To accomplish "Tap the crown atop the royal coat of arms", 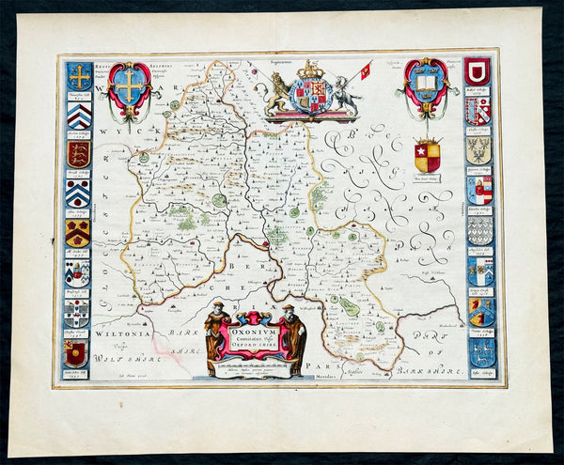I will click(x=309, y=70).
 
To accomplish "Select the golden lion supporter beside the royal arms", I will click(x=280, y=95).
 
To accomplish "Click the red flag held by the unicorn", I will click(x=365, y=69).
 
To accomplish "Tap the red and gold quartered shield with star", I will click(x=427, y=156).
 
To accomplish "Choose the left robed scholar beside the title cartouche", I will click(x=215, y=330).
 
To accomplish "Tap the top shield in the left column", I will click(x=79, y=76).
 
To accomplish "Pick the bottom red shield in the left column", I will click(x=77, y=353).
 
